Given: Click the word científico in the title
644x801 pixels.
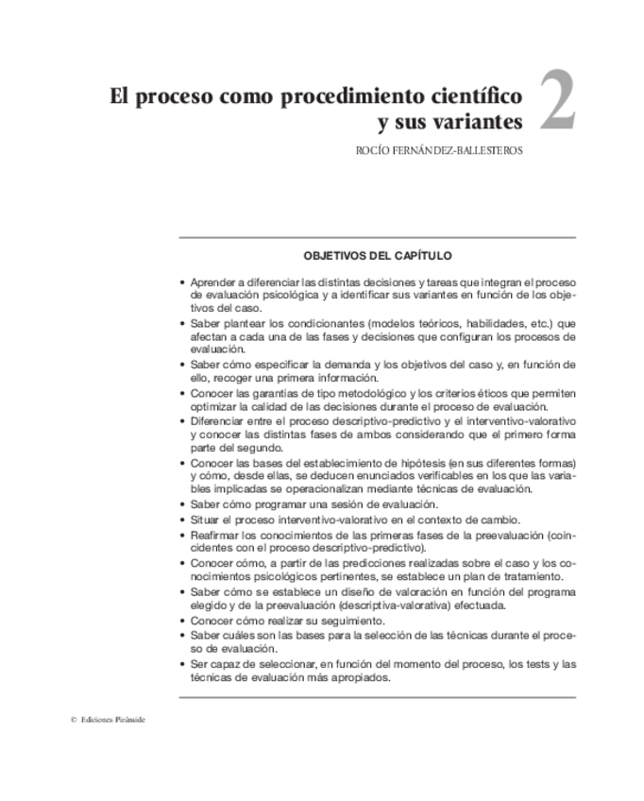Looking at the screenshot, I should click(x=472, y=95).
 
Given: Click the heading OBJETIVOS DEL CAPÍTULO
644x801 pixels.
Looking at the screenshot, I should click(x=377, y=255).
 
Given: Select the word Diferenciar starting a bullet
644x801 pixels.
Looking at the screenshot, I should click(x=219, y=419).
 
